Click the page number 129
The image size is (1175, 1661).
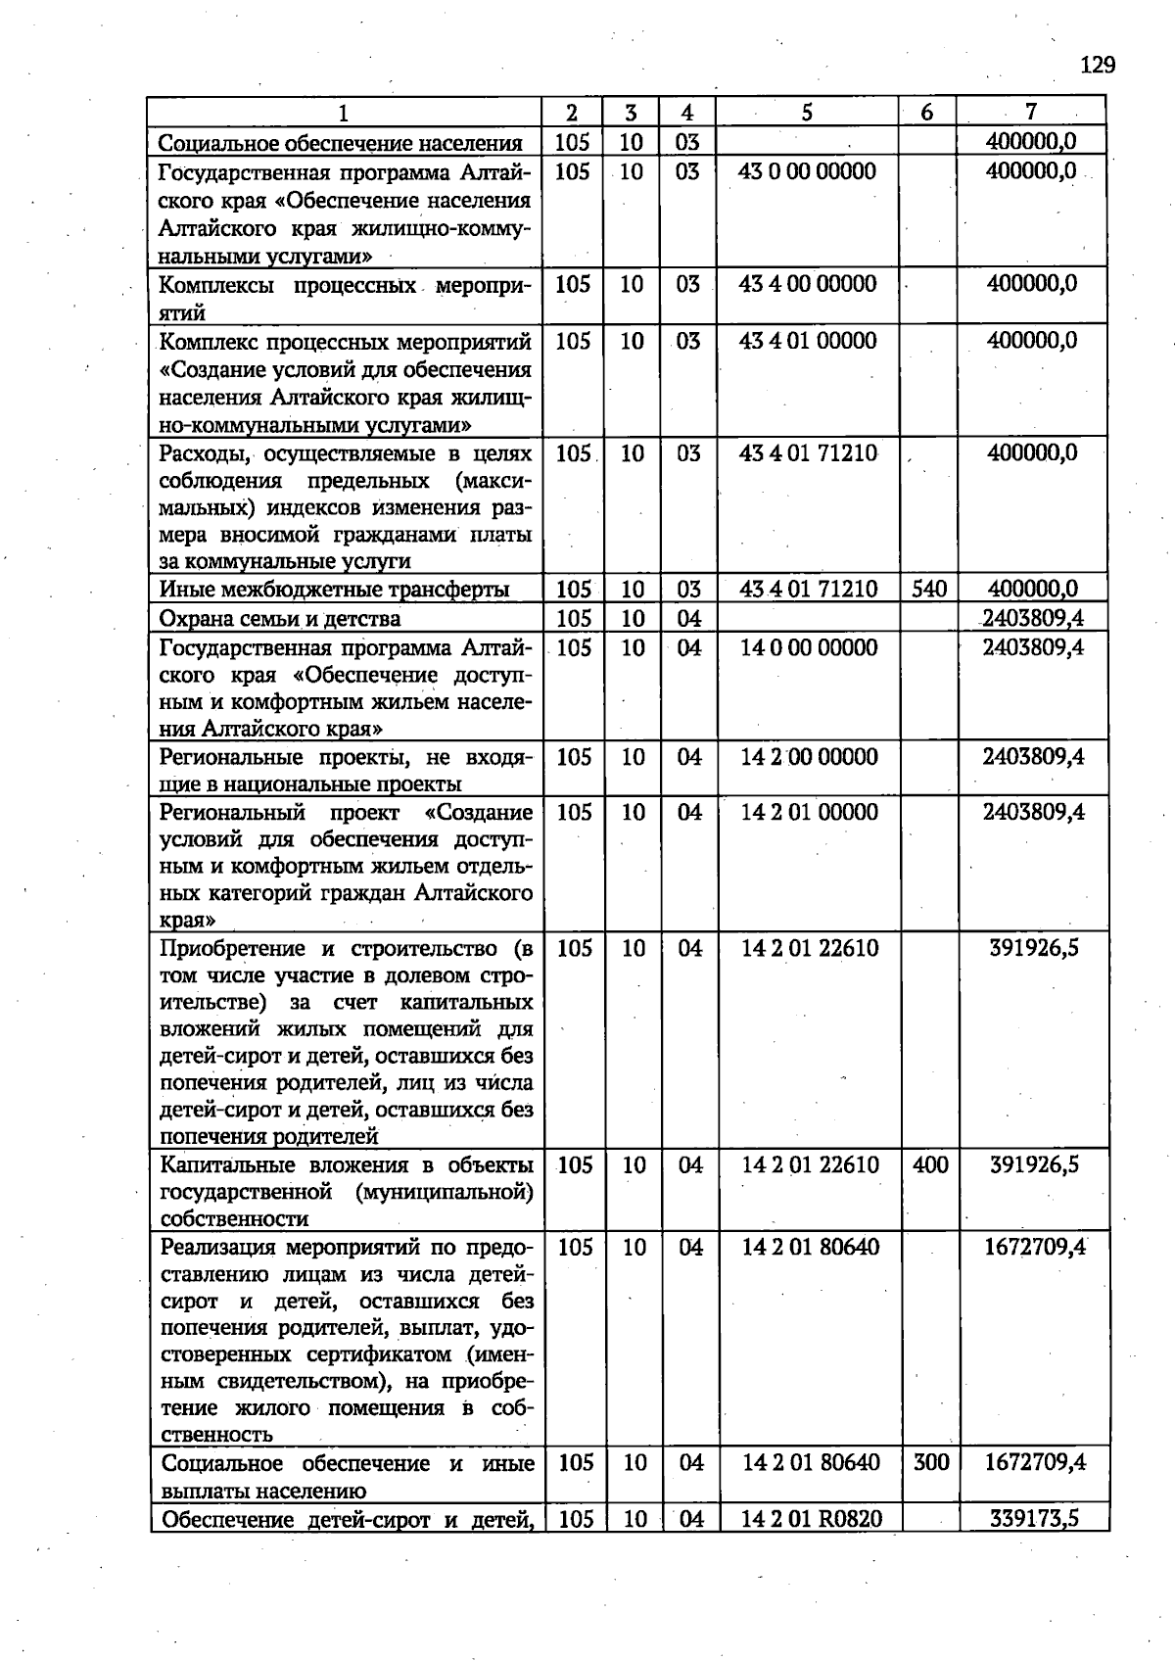1097,65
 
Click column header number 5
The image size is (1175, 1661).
806,113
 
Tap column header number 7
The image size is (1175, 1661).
1030,112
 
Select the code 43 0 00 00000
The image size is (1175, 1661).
807,171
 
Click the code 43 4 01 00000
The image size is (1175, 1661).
808,341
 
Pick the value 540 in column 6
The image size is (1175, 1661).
928,589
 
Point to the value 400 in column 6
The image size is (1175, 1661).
929,1164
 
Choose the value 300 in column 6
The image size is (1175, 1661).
930,1462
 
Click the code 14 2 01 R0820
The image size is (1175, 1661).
811,1519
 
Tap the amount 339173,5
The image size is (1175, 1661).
1034,1519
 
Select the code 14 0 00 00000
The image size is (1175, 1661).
809,647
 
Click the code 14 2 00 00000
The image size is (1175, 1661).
809,757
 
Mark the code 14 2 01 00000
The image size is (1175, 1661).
809,812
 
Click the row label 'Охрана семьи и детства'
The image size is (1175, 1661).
279,619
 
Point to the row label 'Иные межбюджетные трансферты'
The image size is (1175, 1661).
334,590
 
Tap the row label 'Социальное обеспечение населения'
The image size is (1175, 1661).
340,143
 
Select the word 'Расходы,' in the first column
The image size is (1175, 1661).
206,453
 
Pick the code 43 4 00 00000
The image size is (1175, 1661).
808,284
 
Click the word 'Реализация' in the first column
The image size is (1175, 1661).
216,1248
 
